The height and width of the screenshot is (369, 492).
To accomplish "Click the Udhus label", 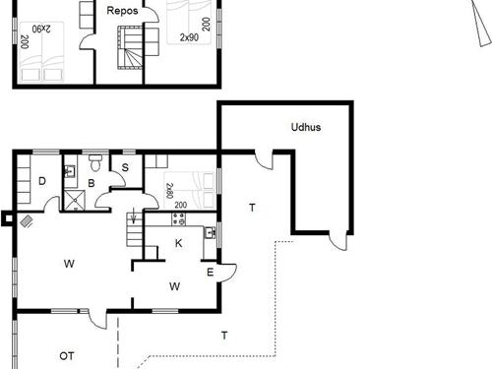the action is pos(306,127).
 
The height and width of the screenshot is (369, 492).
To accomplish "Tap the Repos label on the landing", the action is pos(122,11).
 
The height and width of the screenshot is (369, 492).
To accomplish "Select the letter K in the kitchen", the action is pos(179,243).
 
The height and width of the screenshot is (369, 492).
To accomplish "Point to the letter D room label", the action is pos(42,181).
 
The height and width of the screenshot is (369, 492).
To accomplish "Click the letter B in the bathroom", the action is pos(92,183).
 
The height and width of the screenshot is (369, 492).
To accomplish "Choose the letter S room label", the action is pos(125,167).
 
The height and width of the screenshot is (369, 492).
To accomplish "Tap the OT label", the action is pos(67,356).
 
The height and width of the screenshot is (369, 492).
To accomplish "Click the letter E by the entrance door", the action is pos(211,273).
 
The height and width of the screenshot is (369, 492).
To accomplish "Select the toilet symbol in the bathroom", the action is pos(95,162).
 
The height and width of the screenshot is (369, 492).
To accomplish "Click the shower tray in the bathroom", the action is pos(74,200).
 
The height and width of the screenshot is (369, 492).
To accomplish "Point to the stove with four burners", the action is pos(178,219).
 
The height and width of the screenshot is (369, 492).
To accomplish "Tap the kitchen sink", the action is pos(211,233).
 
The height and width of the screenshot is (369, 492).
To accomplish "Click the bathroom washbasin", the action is pos(70,171).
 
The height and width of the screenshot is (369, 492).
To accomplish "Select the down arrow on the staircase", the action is pos(133,217).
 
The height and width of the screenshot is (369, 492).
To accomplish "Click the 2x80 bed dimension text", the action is pos(169,191).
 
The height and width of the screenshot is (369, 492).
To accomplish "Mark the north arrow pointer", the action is pos(481,23).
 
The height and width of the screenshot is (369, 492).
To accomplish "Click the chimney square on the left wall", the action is pos(8,218).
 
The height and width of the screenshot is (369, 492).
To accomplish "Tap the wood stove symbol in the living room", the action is pos(27,221).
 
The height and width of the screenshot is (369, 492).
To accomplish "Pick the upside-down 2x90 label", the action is pos(41,29).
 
